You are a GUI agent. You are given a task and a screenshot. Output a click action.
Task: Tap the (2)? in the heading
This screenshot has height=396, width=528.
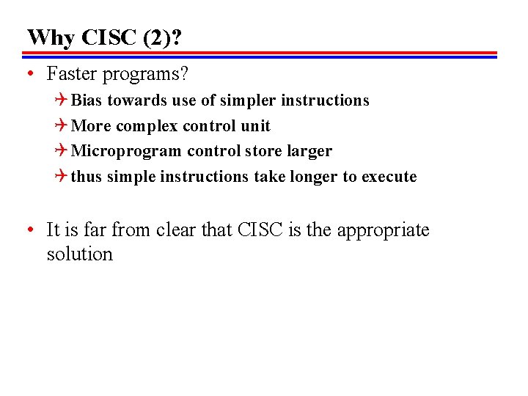click(x=164, y=37)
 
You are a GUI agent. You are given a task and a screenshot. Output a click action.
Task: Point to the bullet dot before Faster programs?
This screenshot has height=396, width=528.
click(x=28, y=74)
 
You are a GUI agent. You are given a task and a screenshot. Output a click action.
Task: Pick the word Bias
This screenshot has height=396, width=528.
click(x=87, y=100)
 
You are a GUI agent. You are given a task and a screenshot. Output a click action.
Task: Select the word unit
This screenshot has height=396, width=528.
click(x=256, y=125)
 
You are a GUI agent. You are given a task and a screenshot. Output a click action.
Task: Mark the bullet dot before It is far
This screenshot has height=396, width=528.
click(x=28, y=230)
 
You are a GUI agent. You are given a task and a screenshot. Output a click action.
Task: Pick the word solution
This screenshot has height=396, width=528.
click(x=79, y=254)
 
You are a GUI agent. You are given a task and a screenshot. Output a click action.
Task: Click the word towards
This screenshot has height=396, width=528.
click(x=141, y=100)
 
